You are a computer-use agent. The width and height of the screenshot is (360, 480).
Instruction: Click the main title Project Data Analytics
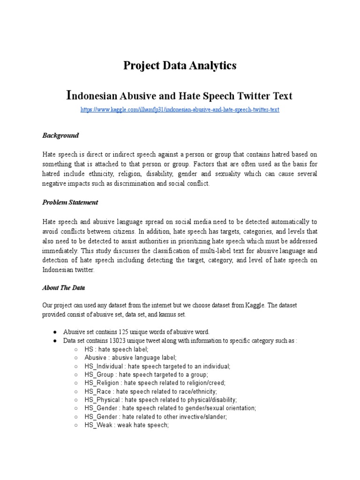pos(180,66)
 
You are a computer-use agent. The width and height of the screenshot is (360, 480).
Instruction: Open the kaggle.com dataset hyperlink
pos(180,109)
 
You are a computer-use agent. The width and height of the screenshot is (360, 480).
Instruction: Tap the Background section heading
pos(60,135)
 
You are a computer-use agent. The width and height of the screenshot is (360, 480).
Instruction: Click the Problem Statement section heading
pos(70,202)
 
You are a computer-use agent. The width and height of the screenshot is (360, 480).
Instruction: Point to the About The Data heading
pos(64,288)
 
